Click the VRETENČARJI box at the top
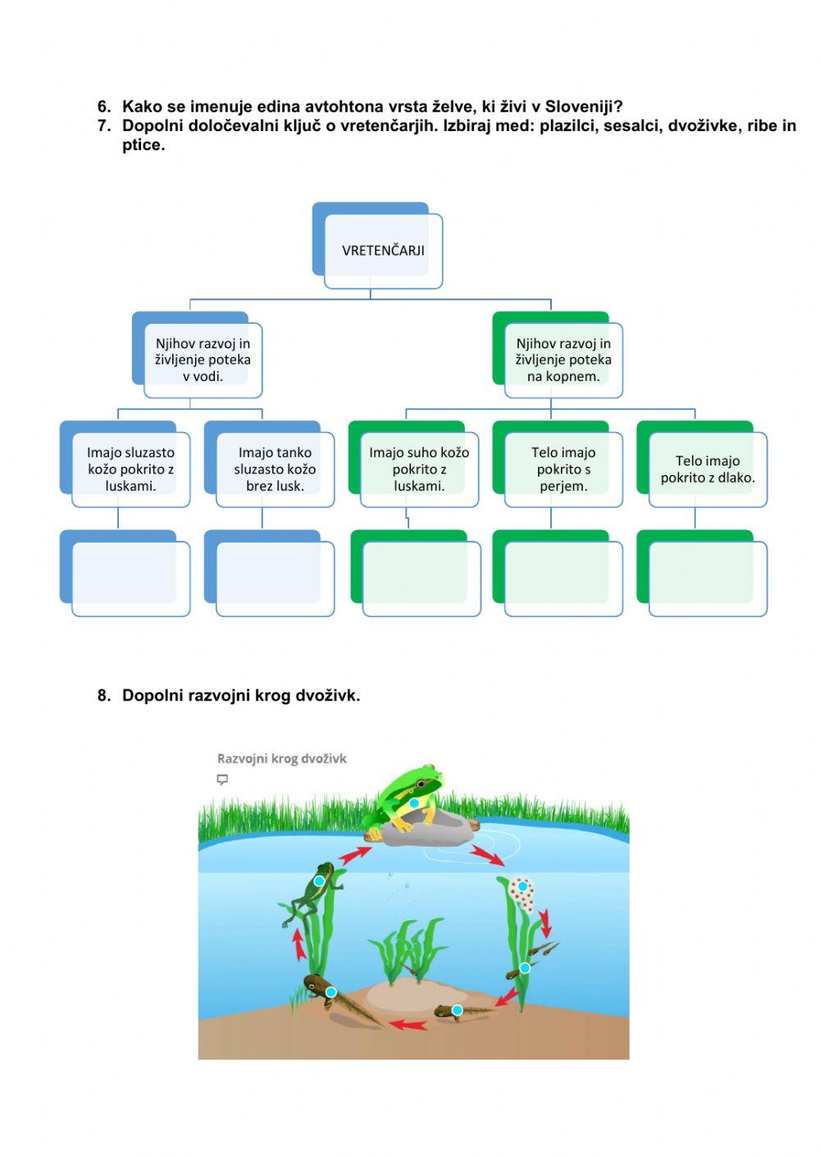pos(383,250)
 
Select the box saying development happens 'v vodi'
pos(203,360)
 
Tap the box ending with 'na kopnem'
pos(563,360)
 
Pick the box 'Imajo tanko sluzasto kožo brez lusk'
pos(275,469)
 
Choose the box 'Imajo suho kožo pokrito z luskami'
pos(419,469)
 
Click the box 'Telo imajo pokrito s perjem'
pos(563,469)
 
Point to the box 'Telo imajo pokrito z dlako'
pos(708,469)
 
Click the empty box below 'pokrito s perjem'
pos(563,578)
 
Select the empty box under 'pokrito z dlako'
pos(708,578)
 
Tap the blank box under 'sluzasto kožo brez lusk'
pos(275,578)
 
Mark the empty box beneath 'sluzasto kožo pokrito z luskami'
pos(130,578)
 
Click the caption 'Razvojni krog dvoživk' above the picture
pos(282,759)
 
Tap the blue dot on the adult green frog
pos(414,803)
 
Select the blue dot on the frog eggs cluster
pos(522,887)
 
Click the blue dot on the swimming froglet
pos(319,881)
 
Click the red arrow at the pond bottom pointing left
pos(408,1024)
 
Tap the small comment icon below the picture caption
pos(222,779)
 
